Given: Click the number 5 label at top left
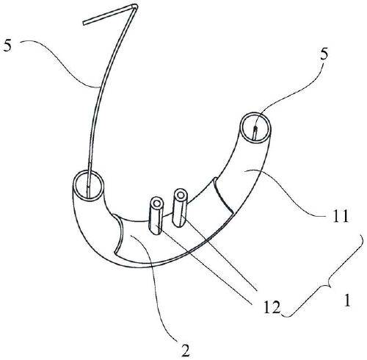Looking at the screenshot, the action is pyautogui.click(x=7, y=46).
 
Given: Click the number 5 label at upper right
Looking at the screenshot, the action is pyautogui.click(x=324, y=54).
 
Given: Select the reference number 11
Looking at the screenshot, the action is pyautogui.click(x=340, y=216).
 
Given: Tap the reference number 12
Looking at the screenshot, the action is pyautogui.click(x=272, y=307).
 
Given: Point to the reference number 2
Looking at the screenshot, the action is pyautogui.click(x=185, y=351).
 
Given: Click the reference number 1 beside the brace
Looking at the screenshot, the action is pyautogui.click(x=347, y=300).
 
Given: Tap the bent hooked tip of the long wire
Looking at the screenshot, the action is pyautogui.click(x=134, y=5).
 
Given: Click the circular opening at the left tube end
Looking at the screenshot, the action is pyautogui.click(x=88, y=185).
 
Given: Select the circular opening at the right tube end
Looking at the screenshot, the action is pyautogui.click(x=256, y=128).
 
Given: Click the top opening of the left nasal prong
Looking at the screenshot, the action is pyautogui.click(x=157, y=204).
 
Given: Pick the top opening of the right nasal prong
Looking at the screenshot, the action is pyautogui.click(x=181, y=195).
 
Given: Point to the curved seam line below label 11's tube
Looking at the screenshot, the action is pyautogui.click(x=222, y=194).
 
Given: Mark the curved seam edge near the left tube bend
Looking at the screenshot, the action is pyautogui.click(x=119, y=233).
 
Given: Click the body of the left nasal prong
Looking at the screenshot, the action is pyautogui.click(x=157, y=218).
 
